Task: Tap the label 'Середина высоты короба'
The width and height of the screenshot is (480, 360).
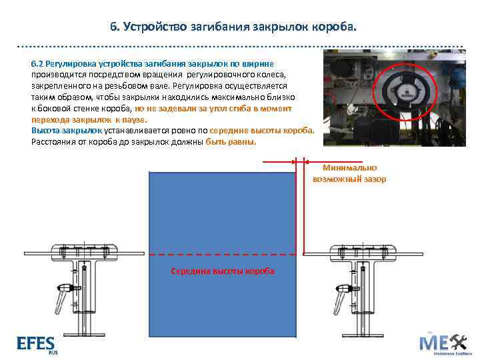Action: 222,271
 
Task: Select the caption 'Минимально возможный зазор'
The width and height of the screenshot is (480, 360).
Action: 349,173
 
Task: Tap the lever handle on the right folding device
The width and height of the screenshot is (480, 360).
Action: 344,291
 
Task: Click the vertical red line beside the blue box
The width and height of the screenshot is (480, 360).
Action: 305,207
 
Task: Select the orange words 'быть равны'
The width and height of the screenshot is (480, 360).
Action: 231,142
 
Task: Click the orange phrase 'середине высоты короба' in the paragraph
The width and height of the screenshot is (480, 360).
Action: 261,131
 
